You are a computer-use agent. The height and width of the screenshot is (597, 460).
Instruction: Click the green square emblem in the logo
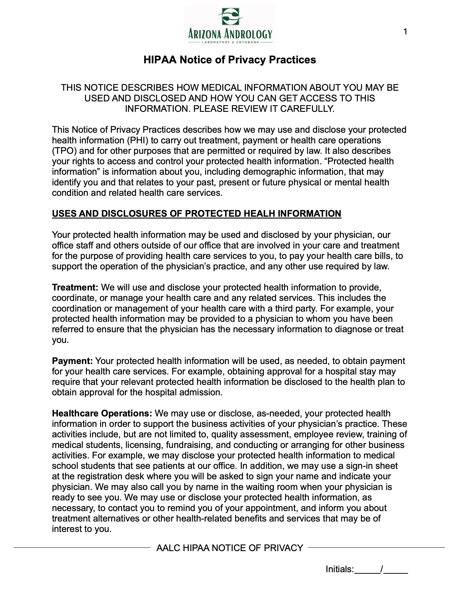(x=230, y=16)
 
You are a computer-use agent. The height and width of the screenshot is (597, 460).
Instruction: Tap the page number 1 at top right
(x=405, y=32)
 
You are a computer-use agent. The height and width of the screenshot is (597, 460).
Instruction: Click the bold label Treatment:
(x=75, y=288)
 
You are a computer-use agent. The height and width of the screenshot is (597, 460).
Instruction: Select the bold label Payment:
(x=72, y=361)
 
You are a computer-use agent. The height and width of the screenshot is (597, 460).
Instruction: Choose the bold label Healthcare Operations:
(x=102, y=413)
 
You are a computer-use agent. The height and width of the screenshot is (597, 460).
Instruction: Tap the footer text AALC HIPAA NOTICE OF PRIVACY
(x=230, y=548)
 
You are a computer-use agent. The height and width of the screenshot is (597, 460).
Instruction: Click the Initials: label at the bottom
(x=340, y=569)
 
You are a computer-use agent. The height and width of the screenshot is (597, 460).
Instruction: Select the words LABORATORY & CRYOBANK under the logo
(x=230, y=42)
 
